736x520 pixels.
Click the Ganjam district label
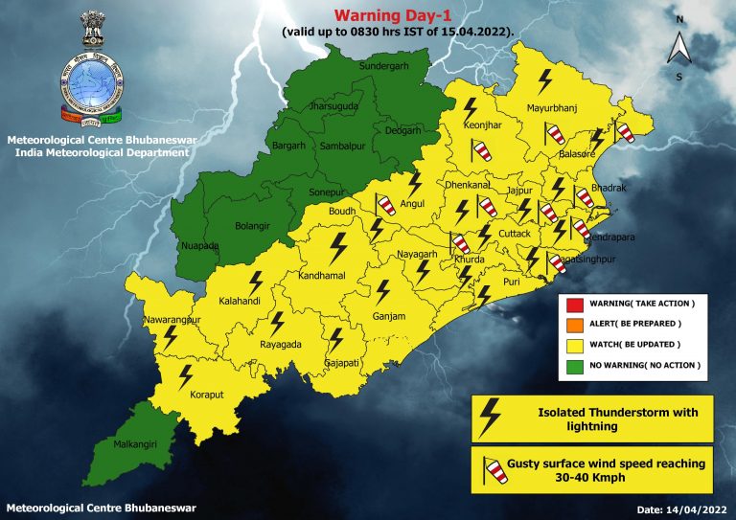(390, 317)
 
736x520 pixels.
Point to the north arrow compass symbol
(678, 46)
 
